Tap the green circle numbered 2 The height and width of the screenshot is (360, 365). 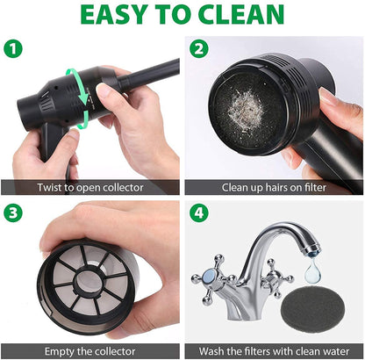pos(200,49)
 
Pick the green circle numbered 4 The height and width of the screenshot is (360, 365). pos(200,213)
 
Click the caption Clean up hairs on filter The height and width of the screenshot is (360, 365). pos(275,187)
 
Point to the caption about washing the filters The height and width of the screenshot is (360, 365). pos(275,350)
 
